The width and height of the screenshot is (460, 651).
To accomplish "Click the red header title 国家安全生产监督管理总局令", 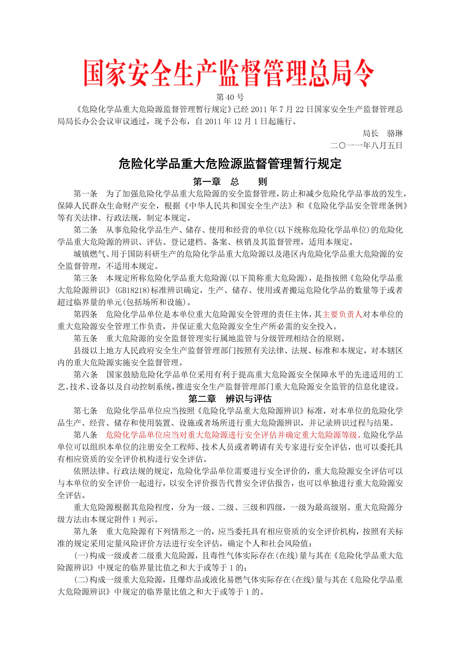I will pyautogui.click(x=229, y=73).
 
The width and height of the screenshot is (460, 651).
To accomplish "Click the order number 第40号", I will pyautogui.click(x=230, y=97).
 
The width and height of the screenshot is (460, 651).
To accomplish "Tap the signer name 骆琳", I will pyautogui.click(x=395, y=133).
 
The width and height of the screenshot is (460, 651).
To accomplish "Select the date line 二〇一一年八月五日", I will pyautogui.click(x=367, y=145).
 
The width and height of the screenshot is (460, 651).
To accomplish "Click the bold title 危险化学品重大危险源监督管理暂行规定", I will pyautogui.click(x=230, y=164).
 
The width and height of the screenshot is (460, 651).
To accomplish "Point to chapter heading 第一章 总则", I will pyautogui.click(x=230, y=181).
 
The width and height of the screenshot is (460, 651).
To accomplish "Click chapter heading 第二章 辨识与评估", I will pyautogui.click(x=230, y=399).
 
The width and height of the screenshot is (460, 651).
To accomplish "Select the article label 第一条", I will pyautogui.click(x=85, y=194).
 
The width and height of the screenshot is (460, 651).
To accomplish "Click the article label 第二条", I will pyautogui.click(x=85, y=230).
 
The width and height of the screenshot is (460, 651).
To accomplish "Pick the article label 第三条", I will pyautogui.click(x=85, y=278).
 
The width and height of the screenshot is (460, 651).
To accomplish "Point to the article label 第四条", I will pyautogui.click(x=85, y=314).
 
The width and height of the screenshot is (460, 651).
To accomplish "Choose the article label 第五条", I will pyautogui.click(x=85, y=338).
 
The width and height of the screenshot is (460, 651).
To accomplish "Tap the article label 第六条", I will pyautogui.click(x=85, y=374).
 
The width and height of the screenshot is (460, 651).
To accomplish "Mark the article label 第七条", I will pyautogui.click(x=85, y=410).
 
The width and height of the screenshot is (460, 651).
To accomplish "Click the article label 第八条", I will pyautogui.click(x=85, y=435).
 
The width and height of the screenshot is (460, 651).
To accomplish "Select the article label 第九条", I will pyautogui.click(x=85, y=531).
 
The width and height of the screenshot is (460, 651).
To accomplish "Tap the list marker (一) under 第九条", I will pyautogui.click(x=81, y=555).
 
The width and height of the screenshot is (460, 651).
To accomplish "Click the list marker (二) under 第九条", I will pyautogui.click(x=81, y=580).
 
